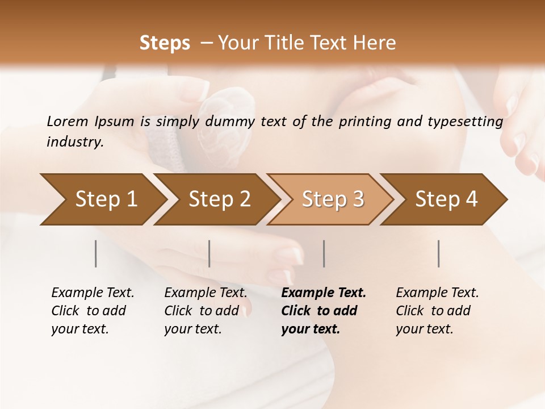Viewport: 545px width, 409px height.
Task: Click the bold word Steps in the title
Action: click(165, 43)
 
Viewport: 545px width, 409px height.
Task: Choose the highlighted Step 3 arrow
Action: click(333, 199)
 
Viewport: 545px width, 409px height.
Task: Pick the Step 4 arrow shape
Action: click(446, 199)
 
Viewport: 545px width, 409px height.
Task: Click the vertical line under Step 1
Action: click(96, 253)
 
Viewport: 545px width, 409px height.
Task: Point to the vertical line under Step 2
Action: click(209, 253)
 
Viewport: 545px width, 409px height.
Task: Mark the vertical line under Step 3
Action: click(324, 253)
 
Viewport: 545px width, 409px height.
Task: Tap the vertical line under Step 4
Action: click(439, 253)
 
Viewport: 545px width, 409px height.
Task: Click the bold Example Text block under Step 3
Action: click(324, 311)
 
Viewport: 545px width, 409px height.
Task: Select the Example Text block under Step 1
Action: click(93, 311)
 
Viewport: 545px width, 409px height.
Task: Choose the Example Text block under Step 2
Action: click(206, 311)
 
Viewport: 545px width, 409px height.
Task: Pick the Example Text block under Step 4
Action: click(437, 311)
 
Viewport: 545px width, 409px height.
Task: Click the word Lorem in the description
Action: click(68, 122)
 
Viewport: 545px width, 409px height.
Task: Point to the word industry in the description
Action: click(75, 142)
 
